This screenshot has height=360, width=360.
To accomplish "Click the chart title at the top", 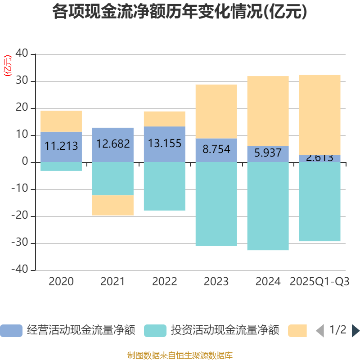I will tap(180, 12).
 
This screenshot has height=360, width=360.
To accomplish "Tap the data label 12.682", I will tap(113, 144).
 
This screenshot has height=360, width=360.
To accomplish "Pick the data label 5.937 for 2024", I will tap(268, 153).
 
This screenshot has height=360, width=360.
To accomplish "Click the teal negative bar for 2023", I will tap(216, 204).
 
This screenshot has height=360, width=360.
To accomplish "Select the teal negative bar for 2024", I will tap(268, 206).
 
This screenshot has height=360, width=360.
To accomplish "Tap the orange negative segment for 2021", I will tap(113, 205).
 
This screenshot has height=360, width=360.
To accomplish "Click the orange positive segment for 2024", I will tap(268, 111).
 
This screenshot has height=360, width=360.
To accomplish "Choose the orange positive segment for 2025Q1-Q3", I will tap(320, 114).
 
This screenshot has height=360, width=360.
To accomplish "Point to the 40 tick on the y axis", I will tap(22, 54).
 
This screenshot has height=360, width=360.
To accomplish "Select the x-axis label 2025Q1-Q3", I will tap(320, 282).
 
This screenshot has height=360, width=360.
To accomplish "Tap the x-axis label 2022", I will tap(165, 282).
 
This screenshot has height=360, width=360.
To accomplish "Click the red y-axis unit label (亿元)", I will tap(8, 66).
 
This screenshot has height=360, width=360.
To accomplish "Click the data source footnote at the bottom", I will tap(180, 355).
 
